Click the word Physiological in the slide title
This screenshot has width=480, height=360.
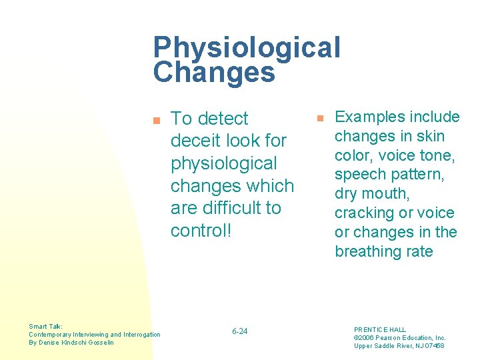(247, 49)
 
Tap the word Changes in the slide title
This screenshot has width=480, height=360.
(214, 73)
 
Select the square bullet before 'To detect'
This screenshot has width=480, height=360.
(157, 121)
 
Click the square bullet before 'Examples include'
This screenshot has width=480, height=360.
(319, 118)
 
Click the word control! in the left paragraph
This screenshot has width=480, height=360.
(199, 230)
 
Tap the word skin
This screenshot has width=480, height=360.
(429, 137)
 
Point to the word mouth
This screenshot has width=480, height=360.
(386, 194)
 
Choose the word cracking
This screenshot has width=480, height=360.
(366, 213)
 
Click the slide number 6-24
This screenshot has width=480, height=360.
(239, 331)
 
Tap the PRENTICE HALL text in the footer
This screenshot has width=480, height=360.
(380, 329)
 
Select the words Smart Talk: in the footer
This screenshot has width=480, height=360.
(46, 327)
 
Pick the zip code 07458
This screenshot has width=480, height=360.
(433, 345)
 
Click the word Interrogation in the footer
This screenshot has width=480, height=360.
(138, 335)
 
